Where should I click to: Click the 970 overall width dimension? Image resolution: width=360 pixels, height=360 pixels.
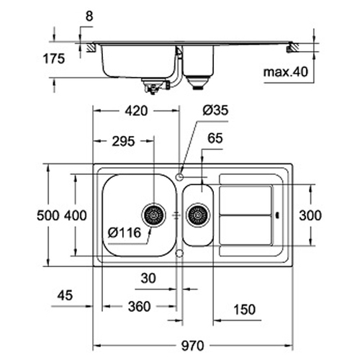pyautogui.click(x=192, y=346)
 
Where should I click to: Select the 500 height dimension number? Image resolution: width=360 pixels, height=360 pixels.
pyautogui.click(x=48, y=215)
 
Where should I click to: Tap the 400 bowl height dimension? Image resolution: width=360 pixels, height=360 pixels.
pyautogui.click(x=76, y=215)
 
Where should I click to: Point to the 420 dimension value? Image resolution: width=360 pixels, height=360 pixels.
pyautogui.click(x=136, y=111)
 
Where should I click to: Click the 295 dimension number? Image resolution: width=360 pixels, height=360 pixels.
pyautogui.click(x=123, y=141)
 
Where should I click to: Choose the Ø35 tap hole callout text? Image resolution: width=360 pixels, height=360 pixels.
pyautogui.click(x=215, y=110)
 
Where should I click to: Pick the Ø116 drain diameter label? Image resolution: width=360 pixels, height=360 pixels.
pyautogui.click(x=124, y=233)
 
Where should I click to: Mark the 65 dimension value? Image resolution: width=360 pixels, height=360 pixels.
pyautogui.click(x=215, y=138)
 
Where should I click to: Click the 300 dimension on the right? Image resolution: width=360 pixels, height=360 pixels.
pyautogui.click(x=310, y=215)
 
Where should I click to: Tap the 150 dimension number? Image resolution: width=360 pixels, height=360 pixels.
pyautogui.click(x=244, y=310)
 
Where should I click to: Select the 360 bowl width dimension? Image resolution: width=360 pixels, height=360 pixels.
pyautogui.click(x=139, y=307)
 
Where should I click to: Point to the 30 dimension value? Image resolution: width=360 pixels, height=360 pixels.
pyautogui.click(x=148, y=278)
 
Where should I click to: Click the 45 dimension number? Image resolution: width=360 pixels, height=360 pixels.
pyautogui.click(x=65, y=295)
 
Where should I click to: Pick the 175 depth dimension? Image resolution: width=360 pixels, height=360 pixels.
pyautogui.click(x=54, y=58)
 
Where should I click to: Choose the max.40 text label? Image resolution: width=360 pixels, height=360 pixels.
pyautogui.click(x=286, y=72)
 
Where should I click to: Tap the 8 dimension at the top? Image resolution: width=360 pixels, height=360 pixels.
pyautogui.click(x=89, y=17)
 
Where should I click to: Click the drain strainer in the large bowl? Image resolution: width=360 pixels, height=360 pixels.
pyautogui.click(x=153, y=215)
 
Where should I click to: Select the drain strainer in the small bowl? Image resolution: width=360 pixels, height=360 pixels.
pyautogui.click(x=198, y=215)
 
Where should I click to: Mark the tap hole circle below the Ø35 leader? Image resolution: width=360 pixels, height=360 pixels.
pyautogui.click(x=179, y=177)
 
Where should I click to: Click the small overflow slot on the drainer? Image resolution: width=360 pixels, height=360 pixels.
pyautogui.click(x=278, y=215)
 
